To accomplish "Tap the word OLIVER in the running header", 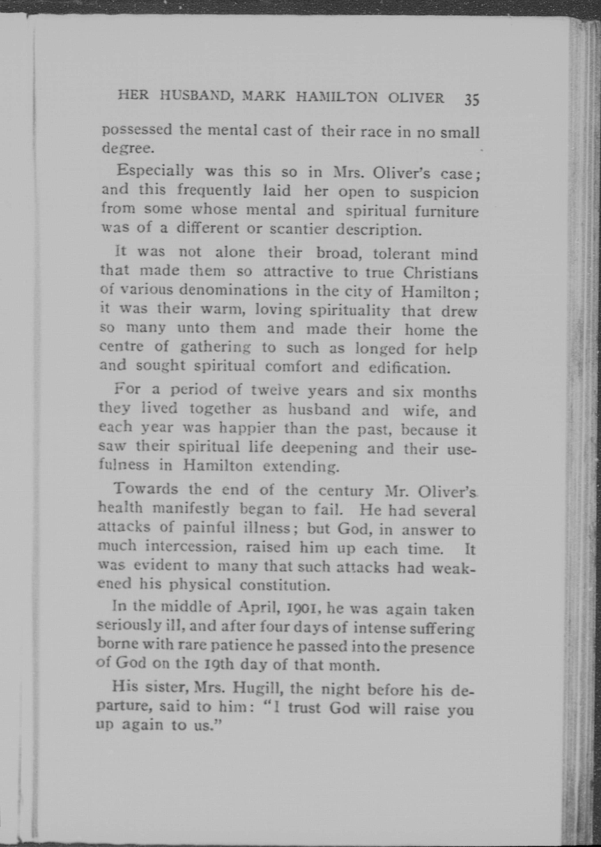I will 416,98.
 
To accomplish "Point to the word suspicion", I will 444,193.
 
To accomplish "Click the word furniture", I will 446,212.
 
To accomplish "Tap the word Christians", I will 440,273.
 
